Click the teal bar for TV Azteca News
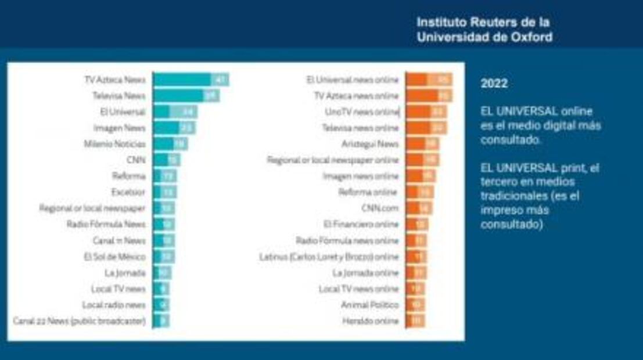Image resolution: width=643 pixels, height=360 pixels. click(x=191, y=80)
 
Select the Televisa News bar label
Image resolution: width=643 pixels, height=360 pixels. click(x=118, y=96)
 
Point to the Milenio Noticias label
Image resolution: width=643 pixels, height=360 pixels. click(x=114, y=143)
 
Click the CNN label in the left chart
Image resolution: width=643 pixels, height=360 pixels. click(x=135, y=160)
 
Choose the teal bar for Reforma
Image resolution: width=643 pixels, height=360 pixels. click(x=165, y=175)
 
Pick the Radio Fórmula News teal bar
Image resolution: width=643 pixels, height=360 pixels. click(x=164, y=224)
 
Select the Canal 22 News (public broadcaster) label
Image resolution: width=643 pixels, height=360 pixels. click(x=79, y=321)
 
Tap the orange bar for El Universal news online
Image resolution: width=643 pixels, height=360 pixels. click(x=429, y=80)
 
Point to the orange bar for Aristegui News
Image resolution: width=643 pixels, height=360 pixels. click(x=422, y=143)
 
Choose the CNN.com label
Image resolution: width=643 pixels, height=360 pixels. click(x=380, y=208)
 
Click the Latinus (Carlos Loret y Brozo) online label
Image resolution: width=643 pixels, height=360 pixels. click(x=329, y=256)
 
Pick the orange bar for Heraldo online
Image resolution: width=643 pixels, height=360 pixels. click(x=415, y=321)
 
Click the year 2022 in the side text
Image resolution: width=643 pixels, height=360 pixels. click(x=494, y=84)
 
